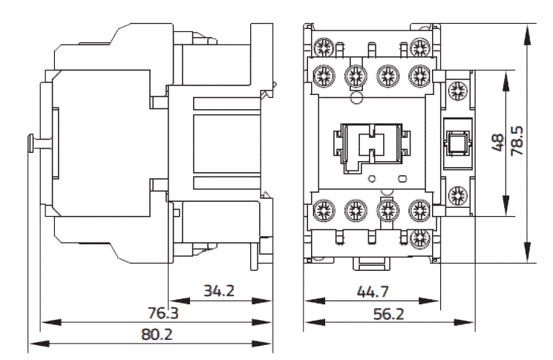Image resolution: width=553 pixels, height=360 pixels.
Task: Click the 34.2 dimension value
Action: [219, 291]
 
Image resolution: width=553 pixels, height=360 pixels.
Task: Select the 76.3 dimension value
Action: [163, 313]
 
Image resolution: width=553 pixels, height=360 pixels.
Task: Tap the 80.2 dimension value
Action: [157, 334]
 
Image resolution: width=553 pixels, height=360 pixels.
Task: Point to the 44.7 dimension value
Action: [373, 292]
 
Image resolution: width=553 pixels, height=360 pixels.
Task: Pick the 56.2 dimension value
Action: [389, 313]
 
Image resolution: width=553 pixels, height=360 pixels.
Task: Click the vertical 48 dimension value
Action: [497, 142]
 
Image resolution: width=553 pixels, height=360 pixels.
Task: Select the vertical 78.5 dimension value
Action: [517, 141]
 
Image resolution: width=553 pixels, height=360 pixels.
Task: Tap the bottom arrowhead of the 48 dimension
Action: [506, 206]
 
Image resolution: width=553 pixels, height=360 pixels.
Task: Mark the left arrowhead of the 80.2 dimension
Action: [39, 344]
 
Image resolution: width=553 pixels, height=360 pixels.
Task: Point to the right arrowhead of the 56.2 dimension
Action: [463, 322]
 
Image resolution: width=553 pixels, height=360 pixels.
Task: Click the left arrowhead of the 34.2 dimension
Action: [180, 301]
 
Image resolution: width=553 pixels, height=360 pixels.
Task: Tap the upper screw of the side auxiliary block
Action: [457, 91]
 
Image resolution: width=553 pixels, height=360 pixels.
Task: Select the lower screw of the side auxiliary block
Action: [457, 195]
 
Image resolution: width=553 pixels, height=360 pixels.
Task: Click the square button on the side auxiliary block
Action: [457, 142]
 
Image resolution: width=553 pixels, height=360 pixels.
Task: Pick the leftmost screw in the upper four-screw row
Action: [324, 75]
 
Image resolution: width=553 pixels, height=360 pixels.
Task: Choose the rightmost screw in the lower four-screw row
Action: [420, 210]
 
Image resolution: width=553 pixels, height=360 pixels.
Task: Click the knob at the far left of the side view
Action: [30, 144]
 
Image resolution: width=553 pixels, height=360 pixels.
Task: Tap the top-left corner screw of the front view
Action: [324, 47]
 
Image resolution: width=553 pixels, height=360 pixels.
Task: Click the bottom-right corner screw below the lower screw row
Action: [420, 238]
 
